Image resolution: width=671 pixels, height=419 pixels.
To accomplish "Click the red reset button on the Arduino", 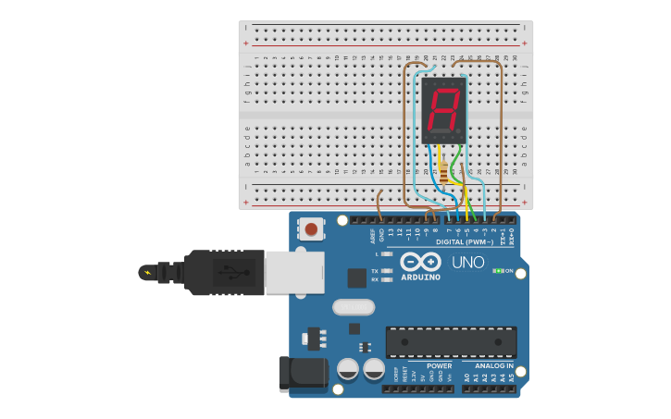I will [311, 228].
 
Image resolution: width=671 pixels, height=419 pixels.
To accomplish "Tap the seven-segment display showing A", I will [443, 110].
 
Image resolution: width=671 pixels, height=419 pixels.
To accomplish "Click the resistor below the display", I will [443, 172].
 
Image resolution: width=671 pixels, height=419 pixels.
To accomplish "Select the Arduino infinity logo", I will [420, 261].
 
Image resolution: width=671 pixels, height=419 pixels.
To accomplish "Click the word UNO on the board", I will [468, 263].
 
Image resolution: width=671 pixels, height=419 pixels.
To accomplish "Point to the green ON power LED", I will [499, 270].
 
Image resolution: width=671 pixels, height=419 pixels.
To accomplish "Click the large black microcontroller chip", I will [451, 341].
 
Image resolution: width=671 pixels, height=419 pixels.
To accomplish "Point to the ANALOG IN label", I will [493, 365].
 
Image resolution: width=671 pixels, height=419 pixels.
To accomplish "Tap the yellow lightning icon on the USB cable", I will [146, 273].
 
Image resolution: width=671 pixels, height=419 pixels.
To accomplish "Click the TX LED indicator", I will [386, 270].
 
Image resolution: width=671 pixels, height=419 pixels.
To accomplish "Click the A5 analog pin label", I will [510, 378].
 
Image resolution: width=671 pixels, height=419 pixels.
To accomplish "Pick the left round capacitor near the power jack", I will [348, 370].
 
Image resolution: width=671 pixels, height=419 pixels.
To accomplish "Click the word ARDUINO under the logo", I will [420, 277].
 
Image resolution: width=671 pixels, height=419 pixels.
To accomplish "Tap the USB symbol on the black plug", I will [230, 272].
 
